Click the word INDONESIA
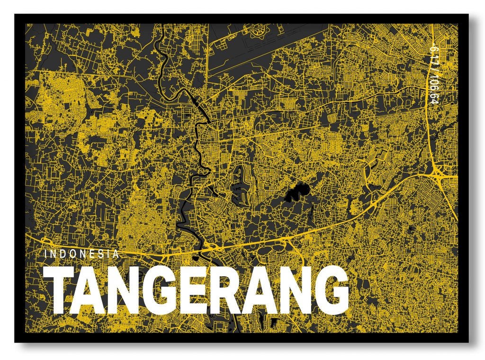coord(81,254)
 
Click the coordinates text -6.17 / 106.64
coord(432,73)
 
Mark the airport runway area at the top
coord(265,47)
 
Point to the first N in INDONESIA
coord(54,254)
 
